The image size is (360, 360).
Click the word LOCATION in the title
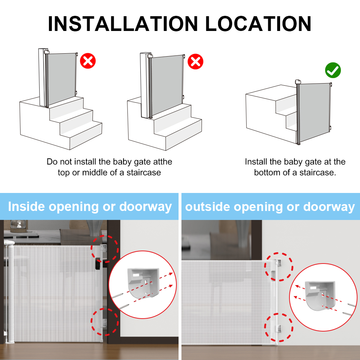pyautogui.click(x=258, y=24)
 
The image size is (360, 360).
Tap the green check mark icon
pyautogui.click(x=333, y=70)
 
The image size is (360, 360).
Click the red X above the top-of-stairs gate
pyautogui.click(x=88, y=61)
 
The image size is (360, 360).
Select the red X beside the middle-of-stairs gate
pyautogui.click(x=195, y=62)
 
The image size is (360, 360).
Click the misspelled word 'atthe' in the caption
pyautogui.click(x=163, y=162)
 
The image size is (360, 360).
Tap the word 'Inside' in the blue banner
pyautogui.click(x=26, y=206)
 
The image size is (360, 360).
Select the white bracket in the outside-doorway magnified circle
pyautogui.click(x=320, y=295)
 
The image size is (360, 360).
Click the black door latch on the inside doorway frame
pyautogui.click(x=98, y=264)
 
